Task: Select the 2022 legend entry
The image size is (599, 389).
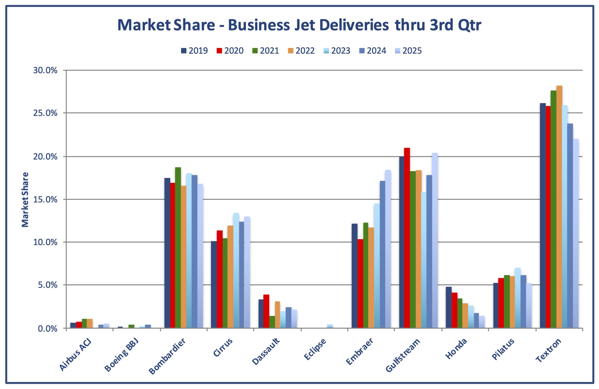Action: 301,51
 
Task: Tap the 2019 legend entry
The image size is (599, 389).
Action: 194,51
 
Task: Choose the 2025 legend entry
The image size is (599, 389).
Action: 408,51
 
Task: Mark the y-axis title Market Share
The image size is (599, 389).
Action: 25,199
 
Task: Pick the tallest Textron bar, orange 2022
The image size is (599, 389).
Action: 559,207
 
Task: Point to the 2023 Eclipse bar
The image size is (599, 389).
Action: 330,326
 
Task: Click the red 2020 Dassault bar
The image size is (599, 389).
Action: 266,311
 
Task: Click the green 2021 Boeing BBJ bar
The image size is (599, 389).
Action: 131,326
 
